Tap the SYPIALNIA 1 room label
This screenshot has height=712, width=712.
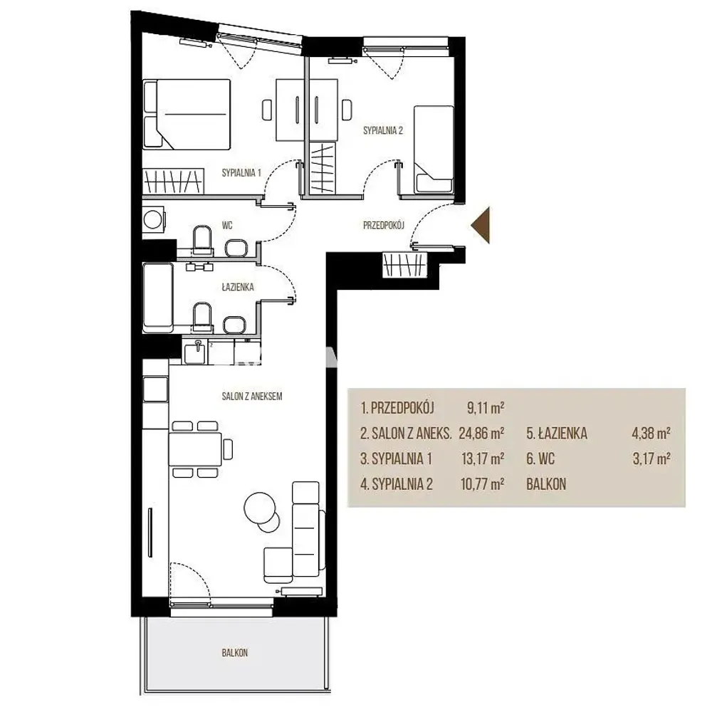click(x=241, y=172)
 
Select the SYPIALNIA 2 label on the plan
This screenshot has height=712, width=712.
click(x=383, y=131)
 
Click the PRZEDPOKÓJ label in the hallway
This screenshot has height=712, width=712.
click(x=384, y=225)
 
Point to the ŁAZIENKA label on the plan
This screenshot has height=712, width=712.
click(x=238, y=287)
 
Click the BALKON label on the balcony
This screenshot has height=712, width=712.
click(x=235, y=653)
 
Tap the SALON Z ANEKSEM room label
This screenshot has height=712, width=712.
click(x=252, y=397)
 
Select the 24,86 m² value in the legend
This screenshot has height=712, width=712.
click(x=481, y=433)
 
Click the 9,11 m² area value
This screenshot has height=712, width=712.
click(x=486, y=408)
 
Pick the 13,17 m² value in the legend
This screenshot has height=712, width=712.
click(x=483, y=459)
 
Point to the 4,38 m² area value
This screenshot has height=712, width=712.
click(x=651, y=433)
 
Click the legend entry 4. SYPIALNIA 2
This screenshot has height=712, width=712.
click(x=397, y=484)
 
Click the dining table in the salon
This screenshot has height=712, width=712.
click(x=195, y=449)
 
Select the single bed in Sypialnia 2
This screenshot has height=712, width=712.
click(x=434, y=149)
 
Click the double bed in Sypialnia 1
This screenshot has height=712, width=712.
click(x=187, y=115)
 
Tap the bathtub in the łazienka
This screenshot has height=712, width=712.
click(x=158, y=298)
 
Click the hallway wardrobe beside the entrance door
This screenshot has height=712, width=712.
click(x=405, y=264)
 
